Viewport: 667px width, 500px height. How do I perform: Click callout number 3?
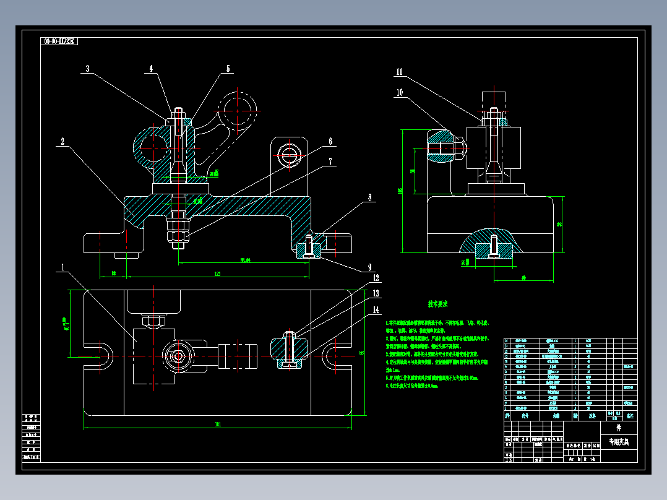click(x=87, y=69)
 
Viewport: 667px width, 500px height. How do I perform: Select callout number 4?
click(x=150, y=69)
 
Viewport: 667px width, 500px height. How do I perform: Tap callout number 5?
click(x=228, y=69)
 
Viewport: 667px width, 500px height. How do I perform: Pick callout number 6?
click(x=330, y=141)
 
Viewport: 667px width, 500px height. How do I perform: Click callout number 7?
click(x=330, y=161)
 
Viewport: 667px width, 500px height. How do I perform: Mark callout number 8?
click(x=370, y=197)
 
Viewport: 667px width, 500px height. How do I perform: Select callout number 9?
click(x=369, y=268)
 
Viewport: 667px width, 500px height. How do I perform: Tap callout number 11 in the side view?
click(x=399, y=72)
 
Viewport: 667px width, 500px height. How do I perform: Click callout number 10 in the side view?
click(x=399, y=92)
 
